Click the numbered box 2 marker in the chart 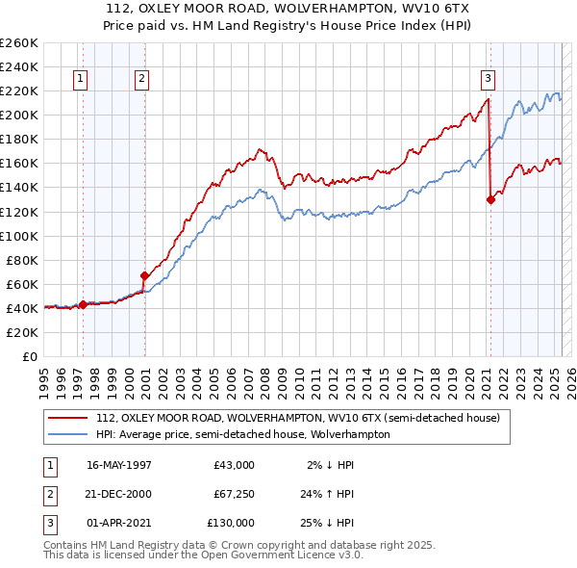[x=141, y=80]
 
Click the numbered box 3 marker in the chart [x=488, y=80]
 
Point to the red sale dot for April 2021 [x=490, y=199]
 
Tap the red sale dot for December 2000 [x=145, y=275]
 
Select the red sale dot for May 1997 [x=83, y=304]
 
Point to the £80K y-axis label [x=21, y=260]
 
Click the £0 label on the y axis [x=30, y=356]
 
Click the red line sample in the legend [x=68, y=419]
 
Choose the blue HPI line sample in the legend [x=68, y=434]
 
